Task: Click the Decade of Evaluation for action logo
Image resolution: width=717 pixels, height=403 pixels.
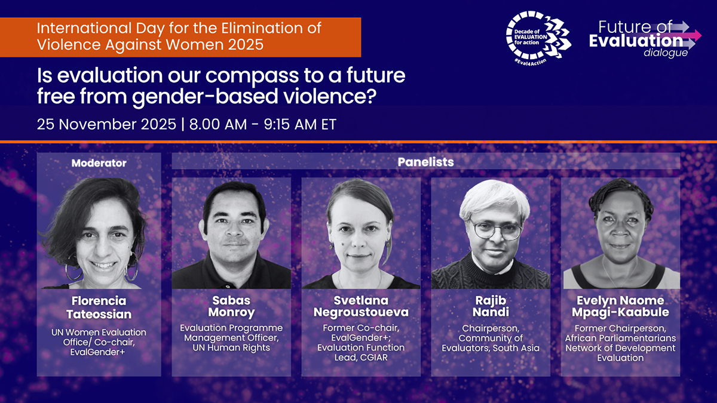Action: point(538,38)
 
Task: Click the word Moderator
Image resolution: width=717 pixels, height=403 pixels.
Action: point(99,163)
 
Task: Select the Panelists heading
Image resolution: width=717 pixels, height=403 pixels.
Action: point(425,162)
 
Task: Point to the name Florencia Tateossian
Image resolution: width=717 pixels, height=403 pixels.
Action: point(99,307)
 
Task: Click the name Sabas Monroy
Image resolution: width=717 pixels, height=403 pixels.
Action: point(231,306)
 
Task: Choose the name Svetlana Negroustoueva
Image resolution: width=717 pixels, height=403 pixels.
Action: point(361,306)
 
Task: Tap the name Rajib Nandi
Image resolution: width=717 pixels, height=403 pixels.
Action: point(491,306)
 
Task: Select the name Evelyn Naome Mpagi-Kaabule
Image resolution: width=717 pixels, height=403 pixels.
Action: point(620,306)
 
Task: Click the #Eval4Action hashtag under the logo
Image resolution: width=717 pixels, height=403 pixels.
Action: point(531,61)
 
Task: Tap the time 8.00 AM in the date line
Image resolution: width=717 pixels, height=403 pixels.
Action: point(218,124)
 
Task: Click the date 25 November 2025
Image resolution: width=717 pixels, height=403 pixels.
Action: point(106,124)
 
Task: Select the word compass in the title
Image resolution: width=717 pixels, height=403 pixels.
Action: point(252,76)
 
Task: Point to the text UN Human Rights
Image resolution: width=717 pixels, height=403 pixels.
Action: point(231,347)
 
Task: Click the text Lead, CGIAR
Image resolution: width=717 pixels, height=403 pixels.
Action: point(361,357)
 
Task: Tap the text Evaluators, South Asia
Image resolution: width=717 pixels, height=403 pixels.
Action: point(491,348)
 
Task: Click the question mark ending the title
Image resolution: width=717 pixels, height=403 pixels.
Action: point(370,96)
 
